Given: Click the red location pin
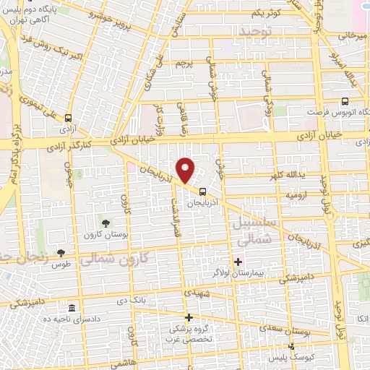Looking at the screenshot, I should click(186, 171).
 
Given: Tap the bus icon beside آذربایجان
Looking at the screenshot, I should click(202, 192).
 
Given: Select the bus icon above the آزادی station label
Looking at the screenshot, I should click(69, 118).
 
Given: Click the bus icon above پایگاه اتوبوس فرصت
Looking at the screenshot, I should click(345, 102).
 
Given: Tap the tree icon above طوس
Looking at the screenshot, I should click(61, 252).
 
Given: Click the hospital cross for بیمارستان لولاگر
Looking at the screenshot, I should click(238, 261).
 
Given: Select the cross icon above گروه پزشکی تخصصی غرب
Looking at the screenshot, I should click(189, 317).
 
